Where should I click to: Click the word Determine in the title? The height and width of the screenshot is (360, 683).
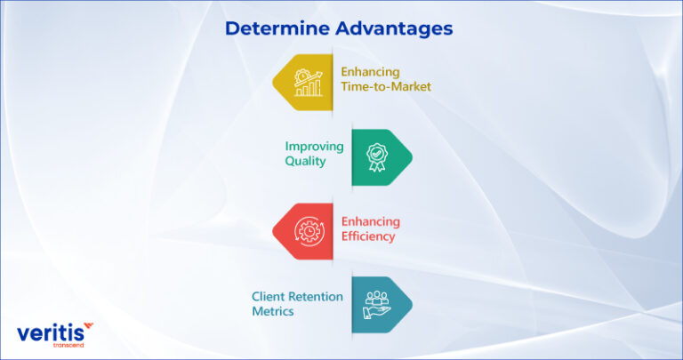tap(276, 28)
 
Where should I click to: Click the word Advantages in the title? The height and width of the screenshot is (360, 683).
tap(394, 28)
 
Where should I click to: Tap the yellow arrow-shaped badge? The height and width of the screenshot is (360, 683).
tap(304, 80)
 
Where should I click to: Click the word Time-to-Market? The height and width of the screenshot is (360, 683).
tap(385, 87)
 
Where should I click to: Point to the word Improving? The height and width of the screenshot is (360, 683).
tap(313, 147)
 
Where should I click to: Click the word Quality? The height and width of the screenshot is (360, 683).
tap(305, 162)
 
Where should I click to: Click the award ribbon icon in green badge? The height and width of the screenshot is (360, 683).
tap(376, 156)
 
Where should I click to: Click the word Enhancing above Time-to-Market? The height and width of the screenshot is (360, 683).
tap(371, 72)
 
